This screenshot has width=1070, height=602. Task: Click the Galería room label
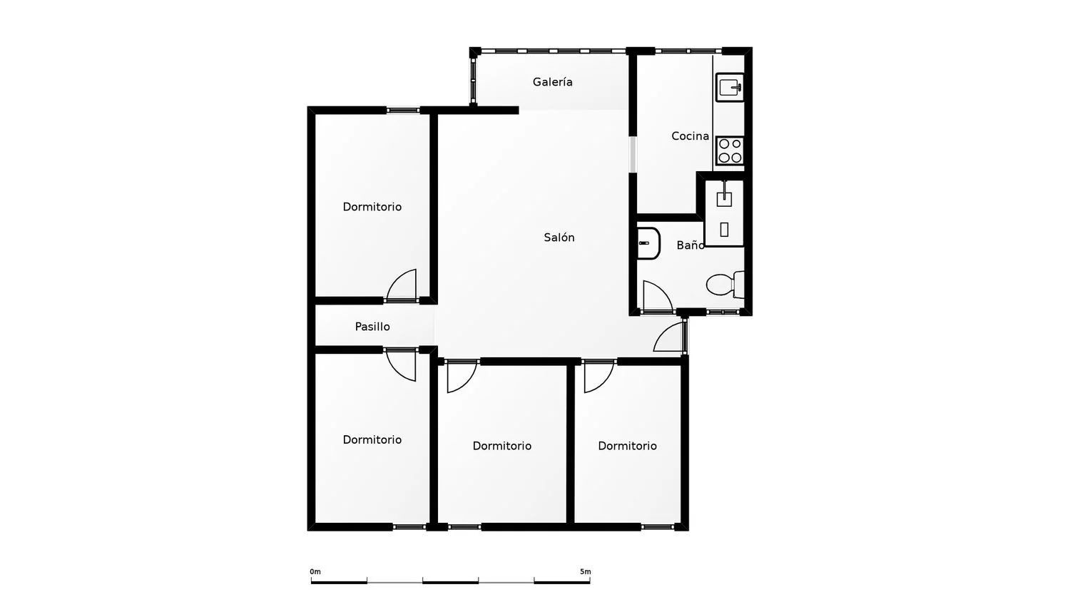coord(552,82)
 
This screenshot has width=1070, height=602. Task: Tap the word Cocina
coord(690,136)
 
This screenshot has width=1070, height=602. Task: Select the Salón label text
coord(559,238)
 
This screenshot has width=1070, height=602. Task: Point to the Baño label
coord(691,245)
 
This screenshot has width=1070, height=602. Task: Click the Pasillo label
coord(372,327)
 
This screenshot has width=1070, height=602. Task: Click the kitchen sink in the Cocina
coord(730,87)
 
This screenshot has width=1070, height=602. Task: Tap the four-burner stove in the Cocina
coord(730,150)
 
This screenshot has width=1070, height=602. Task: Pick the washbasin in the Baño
coord(648,243)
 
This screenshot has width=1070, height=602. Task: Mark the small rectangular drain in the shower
coord(724,230)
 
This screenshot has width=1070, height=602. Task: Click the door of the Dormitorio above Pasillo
coord(401,286)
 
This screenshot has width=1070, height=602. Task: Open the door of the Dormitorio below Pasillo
coord(401,365)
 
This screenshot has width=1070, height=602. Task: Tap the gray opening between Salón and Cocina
coord(633,154)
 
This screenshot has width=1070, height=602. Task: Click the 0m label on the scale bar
coord(315,571)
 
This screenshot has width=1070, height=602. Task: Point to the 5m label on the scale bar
coord(585,571)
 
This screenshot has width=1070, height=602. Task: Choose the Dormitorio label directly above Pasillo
coord(372,207)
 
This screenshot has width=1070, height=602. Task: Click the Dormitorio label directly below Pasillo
coord(372,439)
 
